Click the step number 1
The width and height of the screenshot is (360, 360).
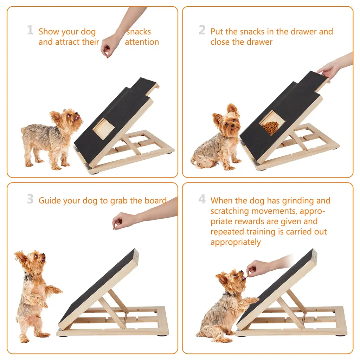click(30, 30)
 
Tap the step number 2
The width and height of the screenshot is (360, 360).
click(202, 30)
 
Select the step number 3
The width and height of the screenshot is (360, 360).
click(30, 199)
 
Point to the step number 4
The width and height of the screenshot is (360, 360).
click(202, 199)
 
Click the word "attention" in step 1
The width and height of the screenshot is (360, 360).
click(142, 42)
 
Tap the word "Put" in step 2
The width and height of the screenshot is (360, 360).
click(217, 31)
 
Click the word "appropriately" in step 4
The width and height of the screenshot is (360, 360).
click(236, 242)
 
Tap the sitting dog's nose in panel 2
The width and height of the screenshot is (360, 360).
click(233, 126)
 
